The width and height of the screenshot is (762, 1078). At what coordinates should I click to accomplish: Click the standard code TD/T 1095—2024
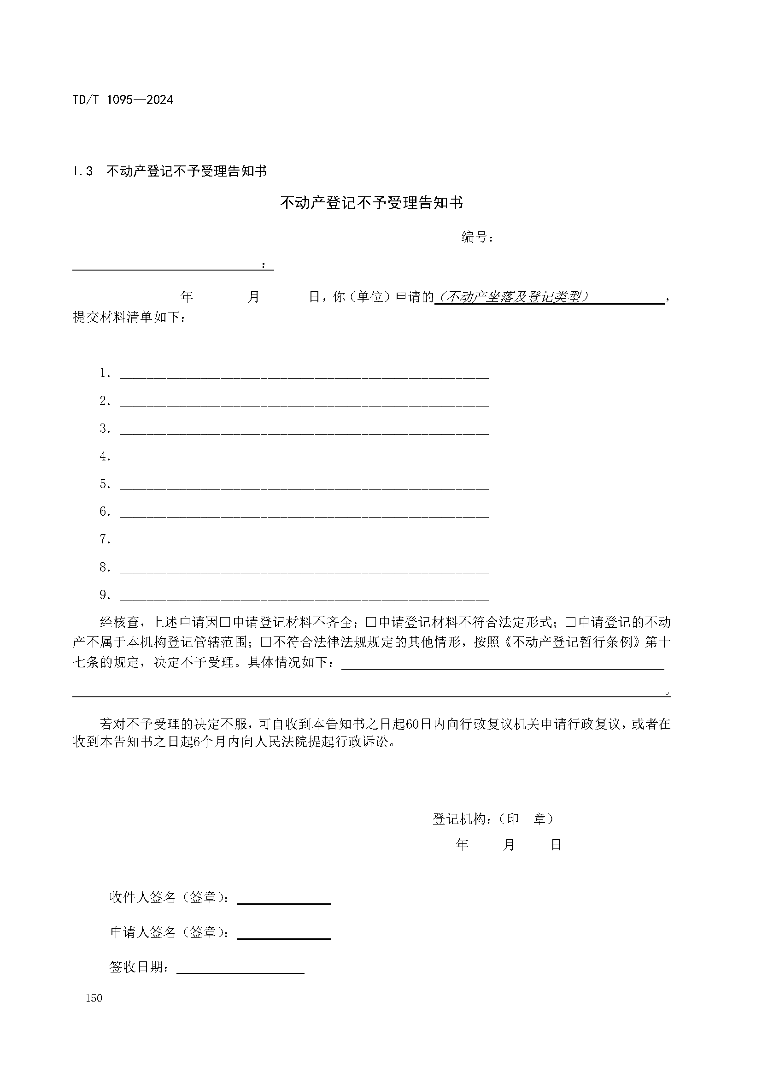coord(123,100)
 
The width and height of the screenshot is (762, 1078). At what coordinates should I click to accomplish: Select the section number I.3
coord(83,171)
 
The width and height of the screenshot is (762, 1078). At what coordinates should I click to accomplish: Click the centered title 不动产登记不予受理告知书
coord(371,203)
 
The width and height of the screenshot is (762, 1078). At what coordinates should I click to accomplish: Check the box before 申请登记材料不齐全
coord(225,623)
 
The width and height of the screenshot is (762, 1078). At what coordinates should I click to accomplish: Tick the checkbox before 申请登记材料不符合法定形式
coord(371,623)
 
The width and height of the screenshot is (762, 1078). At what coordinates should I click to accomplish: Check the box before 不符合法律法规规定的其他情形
coord(266,642)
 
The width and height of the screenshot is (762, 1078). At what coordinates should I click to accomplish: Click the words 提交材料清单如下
coord(126,318)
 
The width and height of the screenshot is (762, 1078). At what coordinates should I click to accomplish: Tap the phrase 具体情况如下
coord(291,662)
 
